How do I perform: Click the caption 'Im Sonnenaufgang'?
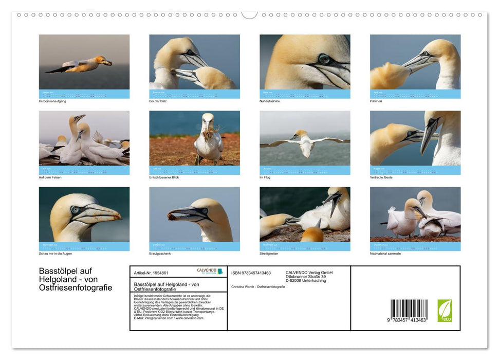point(52,101)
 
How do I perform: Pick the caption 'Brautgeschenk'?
point(160,254)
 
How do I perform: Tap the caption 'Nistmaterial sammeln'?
point(385,254)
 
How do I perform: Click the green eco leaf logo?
point(445,311)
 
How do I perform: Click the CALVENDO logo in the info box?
point(210,271)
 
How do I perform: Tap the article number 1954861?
point(158,273)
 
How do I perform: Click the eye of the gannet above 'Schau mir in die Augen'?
point(76,210)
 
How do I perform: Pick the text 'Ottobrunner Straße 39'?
point(305,276)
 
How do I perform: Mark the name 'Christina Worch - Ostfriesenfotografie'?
point(258,286)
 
